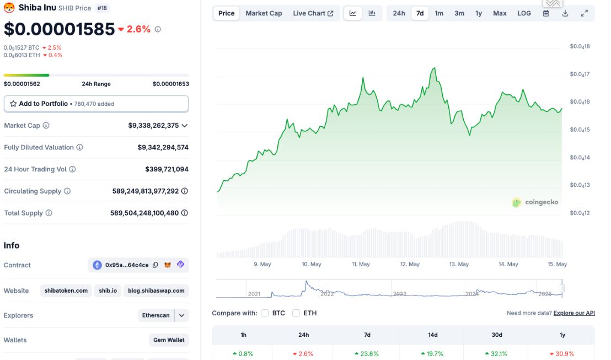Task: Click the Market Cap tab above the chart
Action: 264,13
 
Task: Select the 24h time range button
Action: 399,13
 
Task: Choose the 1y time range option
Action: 479,13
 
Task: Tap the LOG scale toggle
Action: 524,13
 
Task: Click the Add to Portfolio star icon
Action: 13,104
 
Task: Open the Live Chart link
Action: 313,13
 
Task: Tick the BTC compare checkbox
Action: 265,313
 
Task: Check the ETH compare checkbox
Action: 296,313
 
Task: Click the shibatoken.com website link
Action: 66,291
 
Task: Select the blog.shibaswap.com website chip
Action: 156,291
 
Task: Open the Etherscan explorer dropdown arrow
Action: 181,315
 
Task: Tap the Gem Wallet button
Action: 169,340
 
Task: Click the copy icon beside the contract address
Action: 156,265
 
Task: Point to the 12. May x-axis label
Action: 410,264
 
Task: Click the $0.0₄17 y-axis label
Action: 580,74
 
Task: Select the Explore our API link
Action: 574,313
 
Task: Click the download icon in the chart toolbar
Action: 565,13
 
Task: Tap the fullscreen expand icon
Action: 584,13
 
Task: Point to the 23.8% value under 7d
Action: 369,354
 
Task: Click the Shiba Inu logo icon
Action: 9,7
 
